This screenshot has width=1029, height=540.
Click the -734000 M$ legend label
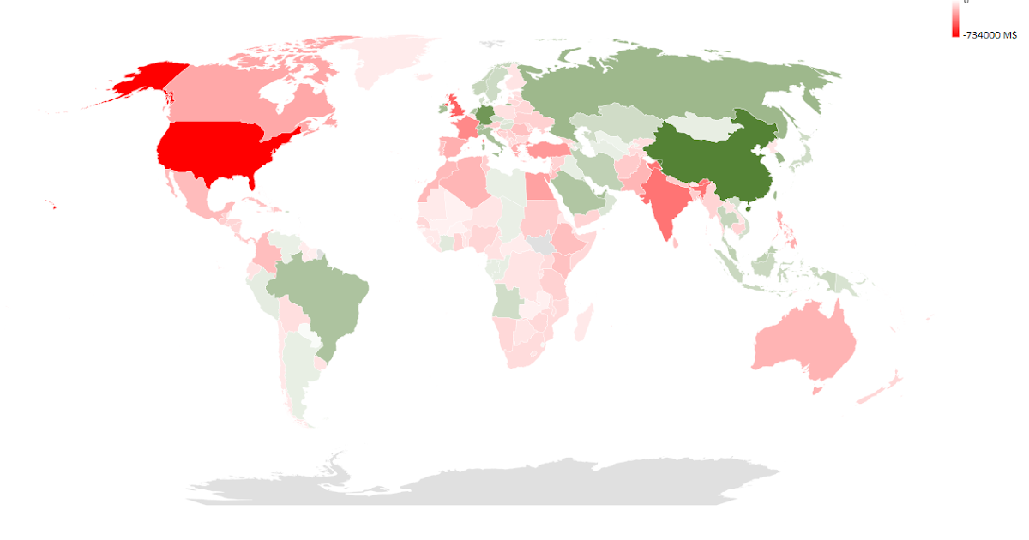click(x=990, y=35)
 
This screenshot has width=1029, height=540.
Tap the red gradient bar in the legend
click(x=955, y=19)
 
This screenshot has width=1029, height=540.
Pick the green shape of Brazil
click(x=322, y=291)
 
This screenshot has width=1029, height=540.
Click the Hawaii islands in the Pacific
click(x=51, y=205)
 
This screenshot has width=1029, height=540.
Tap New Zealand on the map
click(x=879, y=390)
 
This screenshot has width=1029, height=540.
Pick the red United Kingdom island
click(x=454, y=107)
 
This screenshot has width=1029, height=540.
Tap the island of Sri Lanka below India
click(x=677, y=243)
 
